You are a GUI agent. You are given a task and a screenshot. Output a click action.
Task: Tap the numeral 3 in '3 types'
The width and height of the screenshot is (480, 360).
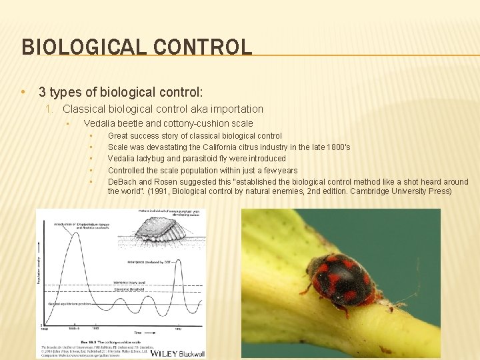[x=42, y=91]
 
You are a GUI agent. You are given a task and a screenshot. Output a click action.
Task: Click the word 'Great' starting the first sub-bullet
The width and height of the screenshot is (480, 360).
[x=118, y=136]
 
